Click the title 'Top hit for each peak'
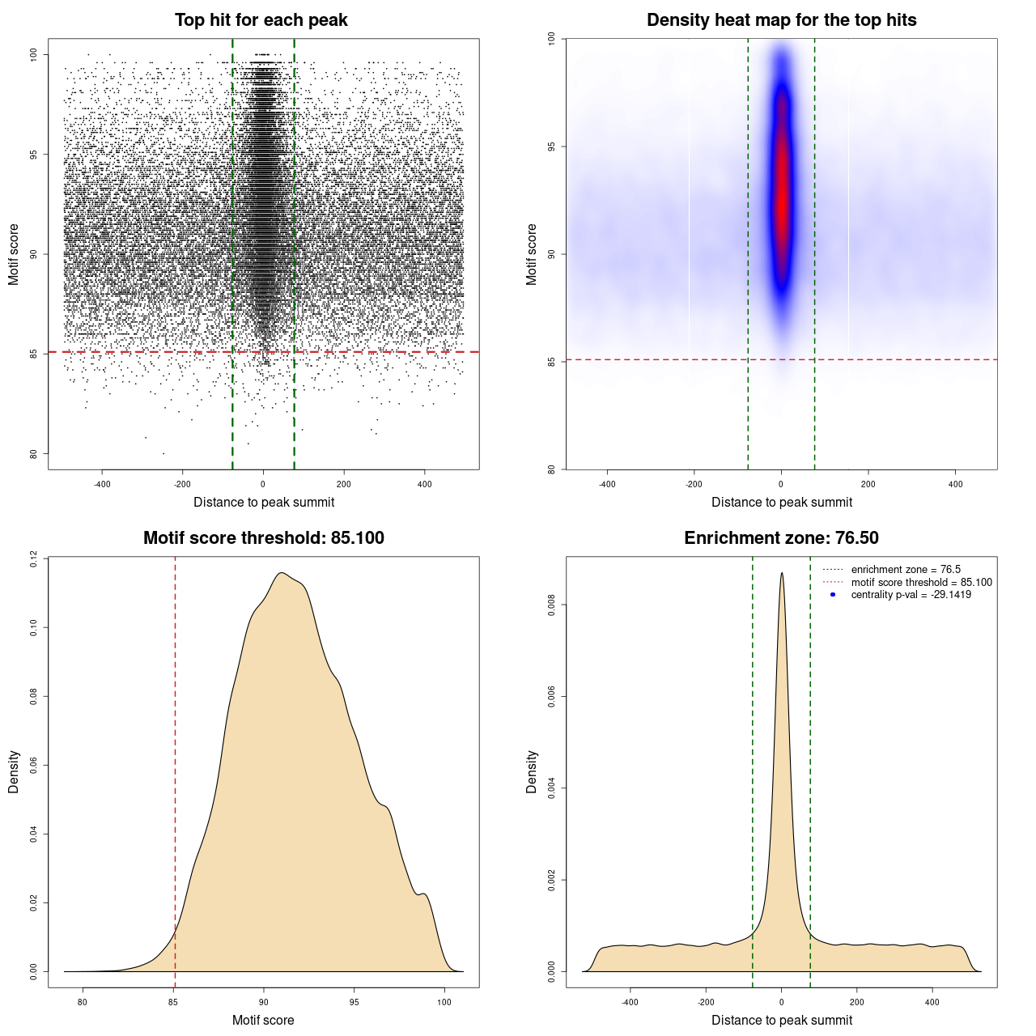(261, 20)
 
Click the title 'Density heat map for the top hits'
(781, 20)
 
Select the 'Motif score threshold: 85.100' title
(263, 538)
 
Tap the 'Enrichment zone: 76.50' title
(781, 538)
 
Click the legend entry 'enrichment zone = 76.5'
(906, 570)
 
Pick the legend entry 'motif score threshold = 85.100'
(921, 582)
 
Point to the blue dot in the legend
(833, 595)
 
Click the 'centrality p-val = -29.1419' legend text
(911, 595)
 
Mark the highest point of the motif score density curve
(281, 573)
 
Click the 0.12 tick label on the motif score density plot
(33, 558)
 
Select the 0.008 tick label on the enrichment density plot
(551, 605)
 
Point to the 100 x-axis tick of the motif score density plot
(444, 1002)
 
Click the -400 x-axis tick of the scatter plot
(102, 484)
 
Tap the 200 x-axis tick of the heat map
(868, 484)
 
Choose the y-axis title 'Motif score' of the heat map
(532, 254)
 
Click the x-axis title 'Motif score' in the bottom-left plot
(263, 1020)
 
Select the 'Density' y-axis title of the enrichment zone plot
(532, 771)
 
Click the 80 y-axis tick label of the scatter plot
(33, 454)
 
